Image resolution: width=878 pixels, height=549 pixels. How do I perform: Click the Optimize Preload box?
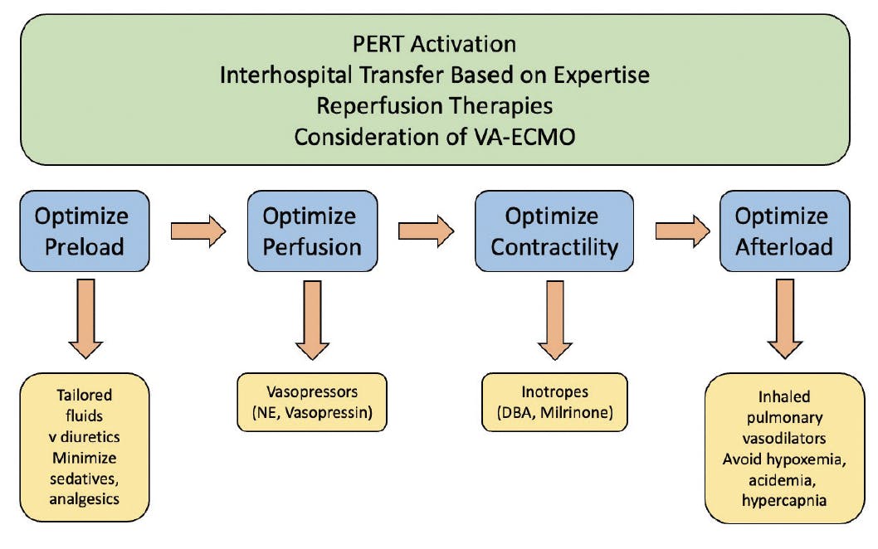pyautogui.click(x=85, y=231)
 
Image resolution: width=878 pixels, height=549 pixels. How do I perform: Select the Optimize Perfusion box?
pyautogui.click(x=313, y=231)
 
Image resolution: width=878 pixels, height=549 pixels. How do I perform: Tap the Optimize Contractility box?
pyautogui.click(x=554, y=231)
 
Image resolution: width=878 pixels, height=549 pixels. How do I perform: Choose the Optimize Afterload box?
pyautogui.click(x=784, y=231)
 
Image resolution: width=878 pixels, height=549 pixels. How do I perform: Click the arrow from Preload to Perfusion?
pyautogui.click(x=198, y=231)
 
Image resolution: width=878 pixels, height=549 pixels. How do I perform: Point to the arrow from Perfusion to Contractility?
pyautogui.click(x=426, y=231)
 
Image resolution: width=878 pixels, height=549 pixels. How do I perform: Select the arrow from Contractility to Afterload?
pyautogui.click(x=683, y=231)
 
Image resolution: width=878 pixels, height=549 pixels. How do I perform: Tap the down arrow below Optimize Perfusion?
pyautogui.click(x=313, y=320)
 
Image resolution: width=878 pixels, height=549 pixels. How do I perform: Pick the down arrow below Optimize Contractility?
pyautogui.click(x=555, y=320)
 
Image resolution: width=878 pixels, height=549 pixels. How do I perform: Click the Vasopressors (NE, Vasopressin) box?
pyautogui.click(x=312, y=402)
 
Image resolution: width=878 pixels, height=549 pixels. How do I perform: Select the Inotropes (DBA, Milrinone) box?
pyautogui.click(x=554, y=402)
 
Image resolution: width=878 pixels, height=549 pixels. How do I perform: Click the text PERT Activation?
pyautogui.click(x=435, y=44)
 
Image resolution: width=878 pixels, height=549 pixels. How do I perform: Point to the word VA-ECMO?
pyautogui.click(x=524, y=137)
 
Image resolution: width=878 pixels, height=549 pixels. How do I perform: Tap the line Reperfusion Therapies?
pyautogui.click(x=435, y=106)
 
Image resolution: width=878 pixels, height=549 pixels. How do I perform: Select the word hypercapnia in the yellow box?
pyautogui.click(x=784, y=500)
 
